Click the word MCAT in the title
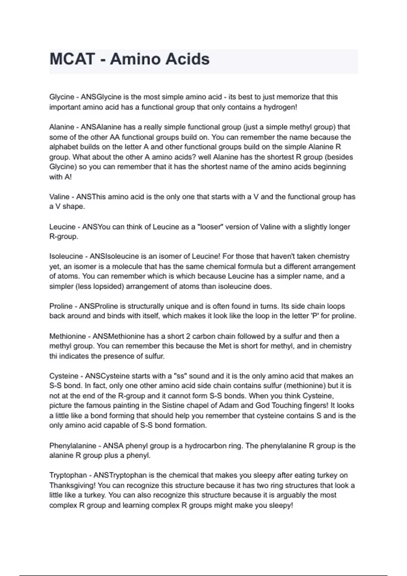[72, 59]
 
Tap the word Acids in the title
[187, 59]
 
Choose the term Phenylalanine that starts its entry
[73, 446]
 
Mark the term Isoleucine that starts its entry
[66, 256]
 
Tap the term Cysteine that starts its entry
[64, 376]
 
